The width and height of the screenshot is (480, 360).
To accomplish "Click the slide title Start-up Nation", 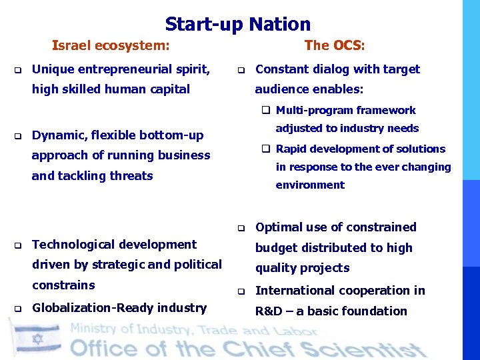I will (x=238, y=25).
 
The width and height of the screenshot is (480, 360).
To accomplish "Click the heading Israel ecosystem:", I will (x=111, y=46).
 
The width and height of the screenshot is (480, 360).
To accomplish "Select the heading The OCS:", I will (x=335, y=46).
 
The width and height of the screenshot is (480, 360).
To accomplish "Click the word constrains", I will (x=63, y=285).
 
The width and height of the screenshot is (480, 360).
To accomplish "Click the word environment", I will (x=310, y=185).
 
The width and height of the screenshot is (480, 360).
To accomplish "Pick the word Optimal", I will (x=279, y=227).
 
